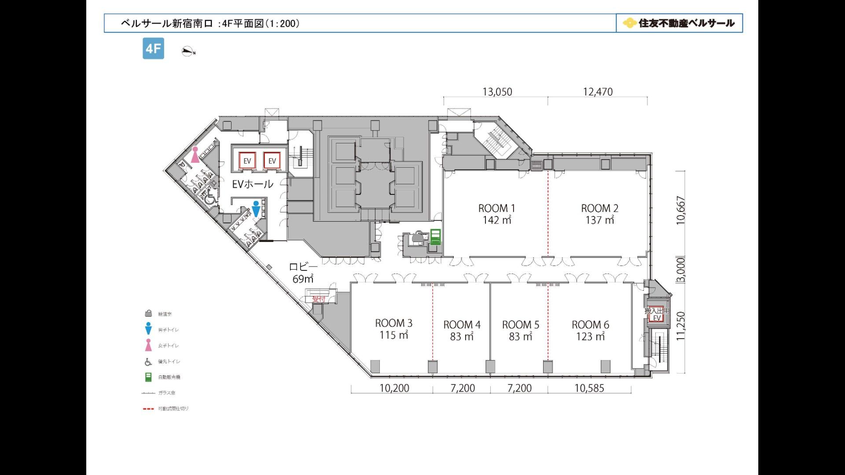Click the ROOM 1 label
[x=496, y=208]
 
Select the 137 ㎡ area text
[x=599, y=220]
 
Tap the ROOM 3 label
[x=393, y=323]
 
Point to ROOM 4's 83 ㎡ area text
[x=462, y=336]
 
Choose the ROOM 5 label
[x=520, y=325]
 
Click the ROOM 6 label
[x=590, y=325]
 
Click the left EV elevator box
[x=247, y=161]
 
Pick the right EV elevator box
[x=272, y=161]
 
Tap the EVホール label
[x=253, y=184]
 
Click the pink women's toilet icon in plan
[x=195, y=155]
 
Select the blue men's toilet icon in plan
[x=256, y=209]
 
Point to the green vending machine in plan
[x=435, y=237]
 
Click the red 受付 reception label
[x=318, y=299]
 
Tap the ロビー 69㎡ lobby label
[x=303, y=273]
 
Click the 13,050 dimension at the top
[x=497, y=92]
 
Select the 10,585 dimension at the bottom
[x=589, y=388]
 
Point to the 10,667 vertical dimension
[x=681, y=210]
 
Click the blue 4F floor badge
[x=153, y=48]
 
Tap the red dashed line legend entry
[x=165, y=409]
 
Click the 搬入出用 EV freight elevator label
[x=657, y=314]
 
